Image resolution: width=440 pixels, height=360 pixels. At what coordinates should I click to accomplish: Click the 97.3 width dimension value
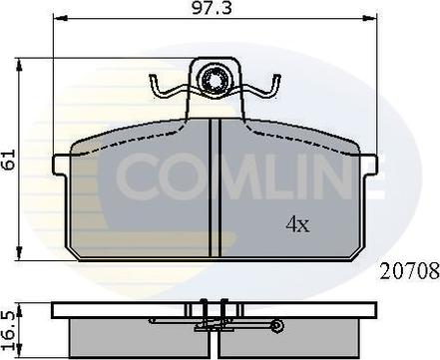212,8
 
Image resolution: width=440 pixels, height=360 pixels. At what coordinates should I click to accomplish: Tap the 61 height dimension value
10,160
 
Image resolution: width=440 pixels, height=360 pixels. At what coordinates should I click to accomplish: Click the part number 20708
409,271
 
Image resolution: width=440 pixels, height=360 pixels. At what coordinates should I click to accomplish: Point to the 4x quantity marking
297,224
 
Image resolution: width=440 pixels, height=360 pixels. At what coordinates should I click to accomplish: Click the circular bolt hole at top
214,80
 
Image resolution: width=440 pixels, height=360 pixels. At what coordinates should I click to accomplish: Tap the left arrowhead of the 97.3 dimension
61,19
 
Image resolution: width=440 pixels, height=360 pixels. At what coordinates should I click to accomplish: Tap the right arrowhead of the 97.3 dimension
370,19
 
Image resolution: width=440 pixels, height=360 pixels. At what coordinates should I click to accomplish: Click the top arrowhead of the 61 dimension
19,66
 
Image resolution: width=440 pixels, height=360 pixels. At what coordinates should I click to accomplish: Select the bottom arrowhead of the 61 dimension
19,253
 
